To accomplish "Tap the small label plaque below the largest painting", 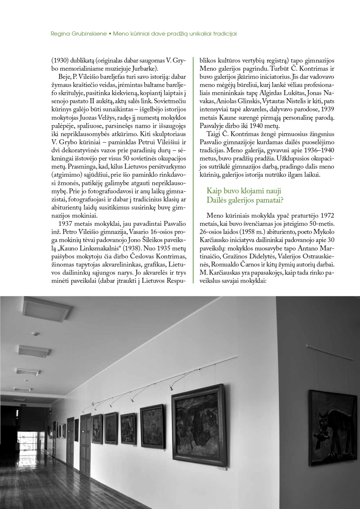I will tap(221, 469).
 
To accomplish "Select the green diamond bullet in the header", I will tap(110, 34).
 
